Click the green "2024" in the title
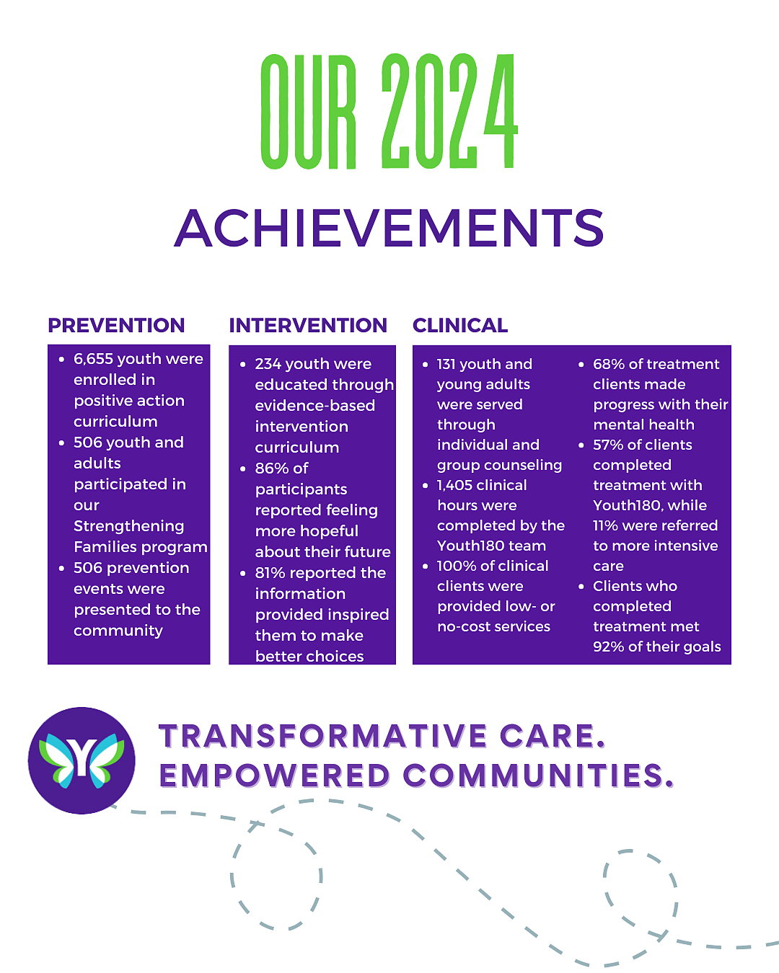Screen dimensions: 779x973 coord(449,111)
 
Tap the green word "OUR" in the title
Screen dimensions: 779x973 coord(309,111)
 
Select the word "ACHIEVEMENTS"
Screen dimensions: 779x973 coord(389,228)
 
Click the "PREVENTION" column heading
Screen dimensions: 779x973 coord(116,326)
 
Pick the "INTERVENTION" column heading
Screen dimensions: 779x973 coord(308,326)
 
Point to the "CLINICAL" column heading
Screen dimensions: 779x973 coord(460,326)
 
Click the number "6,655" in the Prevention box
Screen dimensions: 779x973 coord(93,359)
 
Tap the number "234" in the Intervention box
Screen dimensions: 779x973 coord(268,364)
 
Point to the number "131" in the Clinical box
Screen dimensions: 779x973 coord(446,364)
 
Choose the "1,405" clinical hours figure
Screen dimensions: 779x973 coord(455,485)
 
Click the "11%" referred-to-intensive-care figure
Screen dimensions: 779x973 coord(604,525)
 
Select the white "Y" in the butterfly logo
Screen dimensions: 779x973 coord(82,757)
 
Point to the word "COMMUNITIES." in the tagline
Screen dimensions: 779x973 coord(538,776)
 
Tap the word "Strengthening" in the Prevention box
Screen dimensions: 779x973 coord(129,527)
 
